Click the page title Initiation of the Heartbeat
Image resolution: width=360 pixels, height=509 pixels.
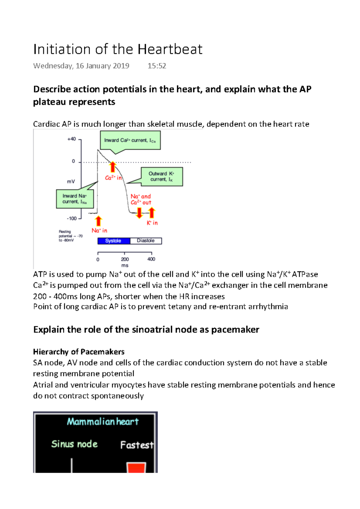118,49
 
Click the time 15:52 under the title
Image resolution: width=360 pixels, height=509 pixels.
157,66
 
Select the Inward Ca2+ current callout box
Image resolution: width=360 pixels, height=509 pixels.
130,141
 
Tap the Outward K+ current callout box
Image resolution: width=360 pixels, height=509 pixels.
162,177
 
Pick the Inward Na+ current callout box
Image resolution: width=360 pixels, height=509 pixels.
75,199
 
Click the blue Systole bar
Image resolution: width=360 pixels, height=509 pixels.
114,241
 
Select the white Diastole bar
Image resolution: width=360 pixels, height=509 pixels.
146,241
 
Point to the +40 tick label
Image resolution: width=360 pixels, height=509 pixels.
71,139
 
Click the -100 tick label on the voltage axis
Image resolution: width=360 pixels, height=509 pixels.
72,219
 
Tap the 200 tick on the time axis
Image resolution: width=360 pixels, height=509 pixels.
125,259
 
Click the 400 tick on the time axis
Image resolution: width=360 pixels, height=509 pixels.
151,259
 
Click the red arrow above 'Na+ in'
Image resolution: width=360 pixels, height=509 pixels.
98,221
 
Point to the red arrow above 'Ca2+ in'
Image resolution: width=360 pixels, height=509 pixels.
112,167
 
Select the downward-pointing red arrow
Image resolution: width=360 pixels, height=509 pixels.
139,213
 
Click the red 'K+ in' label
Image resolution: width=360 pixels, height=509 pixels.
152,223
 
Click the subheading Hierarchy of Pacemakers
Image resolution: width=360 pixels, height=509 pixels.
79,352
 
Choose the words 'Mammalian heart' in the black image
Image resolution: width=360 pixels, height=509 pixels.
103,422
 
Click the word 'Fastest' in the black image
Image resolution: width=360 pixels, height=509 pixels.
137,445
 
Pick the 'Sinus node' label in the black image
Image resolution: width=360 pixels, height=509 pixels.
74,444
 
